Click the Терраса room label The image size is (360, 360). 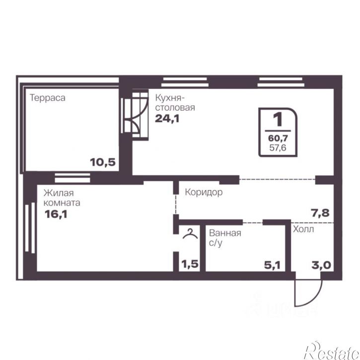[x=48, y=98]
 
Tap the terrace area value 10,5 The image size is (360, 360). [x=103, y=162]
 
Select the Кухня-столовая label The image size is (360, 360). [x=175, y=102]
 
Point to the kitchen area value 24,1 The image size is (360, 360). [x=167, y=119]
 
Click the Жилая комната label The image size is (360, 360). [x=62, y=198]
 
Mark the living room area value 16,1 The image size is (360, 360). [x=56, y=215]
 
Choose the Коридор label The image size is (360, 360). [x=204, y=192]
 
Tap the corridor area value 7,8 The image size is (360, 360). [x=320, y=213]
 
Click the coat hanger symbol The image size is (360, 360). [x=190, y=234]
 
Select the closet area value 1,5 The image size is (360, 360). [x=190, y=264]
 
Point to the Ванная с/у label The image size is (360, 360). [x=225, y=238]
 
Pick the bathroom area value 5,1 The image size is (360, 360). [x=272, y=266]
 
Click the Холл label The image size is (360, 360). [x=303, y=229]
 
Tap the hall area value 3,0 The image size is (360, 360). [x=321, y=266]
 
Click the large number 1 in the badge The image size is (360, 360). [x=278, y=119]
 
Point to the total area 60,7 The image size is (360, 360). [x=278, y=138]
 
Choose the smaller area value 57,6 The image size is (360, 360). [x=278, y=147]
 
